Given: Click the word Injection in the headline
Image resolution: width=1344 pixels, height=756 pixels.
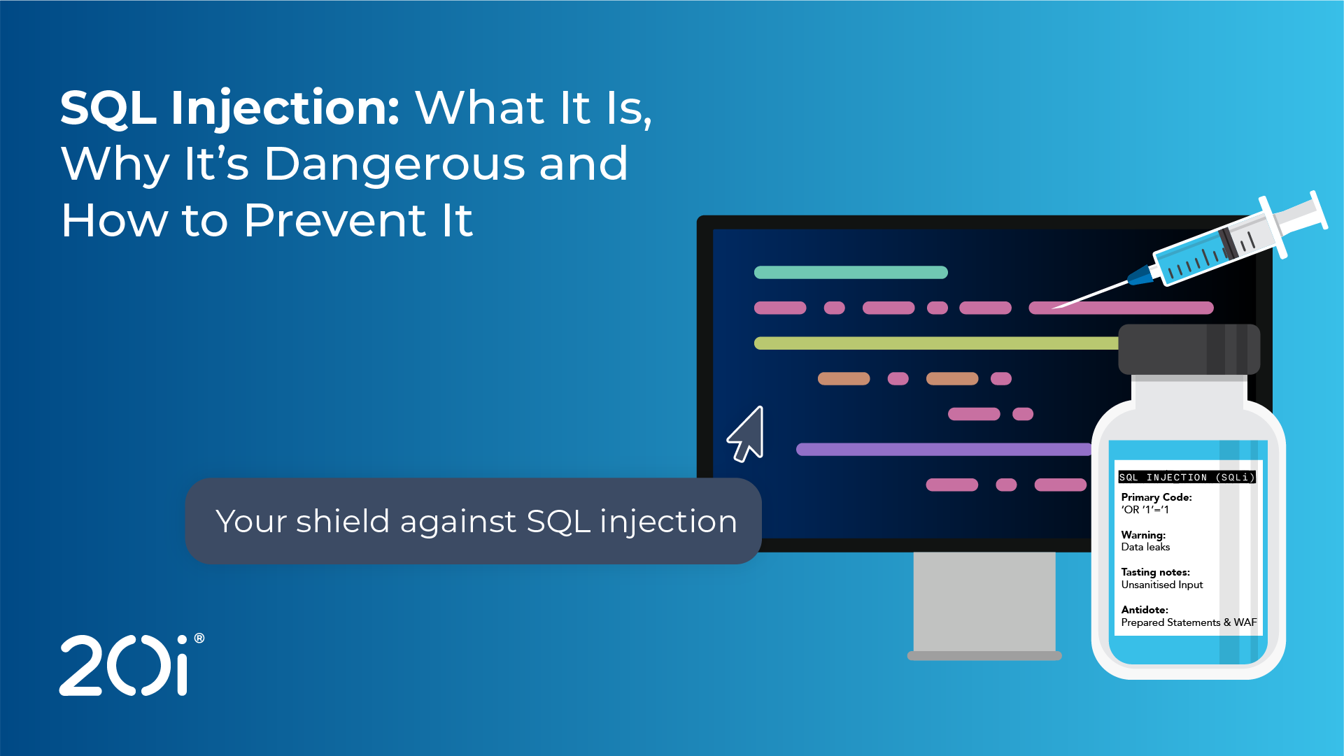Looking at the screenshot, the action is pos(285,109).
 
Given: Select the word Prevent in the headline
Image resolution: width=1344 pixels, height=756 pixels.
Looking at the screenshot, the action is pos(336,220).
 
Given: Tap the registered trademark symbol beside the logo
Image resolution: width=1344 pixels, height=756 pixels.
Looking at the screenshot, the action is pos(199,638).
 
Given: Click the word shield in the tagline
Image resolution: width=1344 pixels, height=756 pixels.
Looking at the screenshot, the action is pos(342,521).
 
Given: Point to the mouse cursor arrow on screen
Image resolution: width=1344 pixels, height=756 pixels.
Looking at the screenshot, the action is pos(746,435).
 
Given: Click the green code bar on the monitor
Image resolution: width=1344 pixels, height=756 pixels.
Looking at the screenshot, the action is pos(851,272).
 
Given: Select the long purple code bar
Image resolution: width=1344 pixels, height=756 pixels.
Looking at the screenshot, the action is pos(944,449).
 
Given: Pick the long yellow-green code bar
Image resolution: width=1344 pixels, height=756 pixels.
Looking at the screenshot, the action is pos(936,343).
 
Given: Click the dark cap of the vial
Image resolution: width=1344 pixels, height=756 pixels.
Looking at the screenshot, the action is pos(1189,349).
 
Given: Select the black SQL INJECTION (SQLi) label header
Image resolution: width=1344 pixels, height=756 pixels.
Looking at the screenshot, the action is pos(1187,477).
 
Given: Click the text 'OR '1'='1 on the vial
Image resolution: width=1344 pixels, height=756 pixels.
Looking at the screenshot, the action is pos(1145,510).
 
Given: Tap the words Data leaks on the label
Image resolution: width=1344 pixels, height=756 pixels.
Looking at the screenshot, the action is pos(1145,547).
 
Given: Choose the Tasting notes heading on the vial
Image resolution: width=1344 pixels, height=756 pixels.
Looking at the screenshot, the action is pos(1155,572).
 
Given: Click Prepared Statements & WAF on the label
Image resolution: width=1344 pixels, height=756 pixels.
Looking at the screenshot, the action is pos(1189,622).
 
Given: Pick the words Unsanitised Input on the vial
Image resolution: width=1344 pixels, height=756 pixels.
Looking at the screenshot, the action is pos(1161,585).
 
